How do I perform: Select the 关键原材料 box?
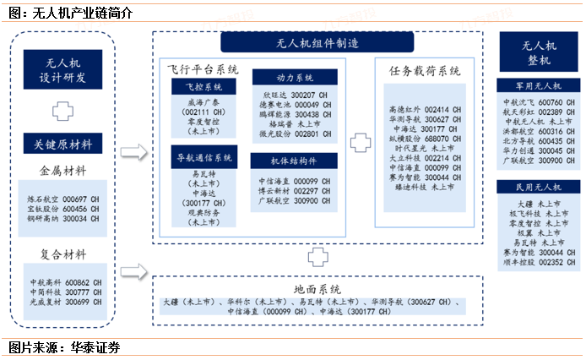[x=63, y=143]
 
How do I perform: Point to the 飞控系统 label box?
[x=198, y=87]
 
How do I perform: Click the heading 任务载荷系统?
[x=425, y=71]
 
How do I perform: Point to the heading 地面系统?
[x=317, y=288]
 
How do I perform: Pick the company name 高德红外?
[x=403, y=109]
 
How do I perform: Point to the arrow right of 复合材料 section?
[x=133, y=271]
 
